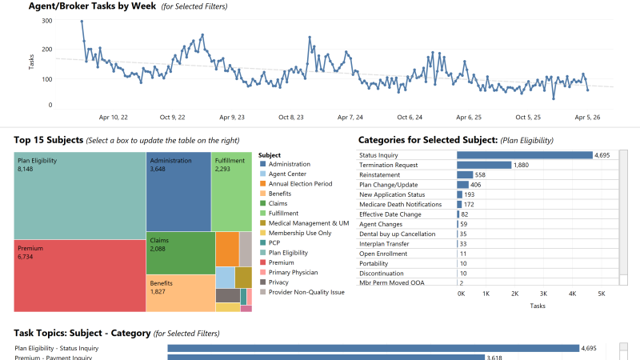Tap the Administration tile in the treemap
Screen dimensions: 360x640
[178, 192]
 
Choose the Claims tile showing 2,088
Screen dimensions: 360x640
[180, 252]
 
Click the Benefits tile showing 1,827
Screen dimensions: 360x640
[180, 292]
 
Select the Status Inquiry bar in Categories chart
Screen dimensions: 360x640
[524, 155]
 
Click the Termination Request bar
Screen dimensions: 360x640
[483, 165]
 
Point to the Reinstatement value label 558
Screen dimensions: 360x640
[480, 174]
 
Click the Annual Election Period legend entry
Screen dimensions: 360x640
[300, 184]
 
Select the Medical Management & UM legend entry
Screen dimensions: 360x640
[308, 223]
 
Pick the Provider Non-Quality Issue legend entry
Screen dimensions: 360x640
[306, 292]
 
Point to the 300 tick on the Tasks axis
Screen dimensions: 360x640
[46, 21]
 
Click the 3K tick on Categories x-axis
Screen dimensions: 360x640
[544, 294]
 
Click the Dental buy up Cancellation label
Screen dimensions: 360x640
[397, 234]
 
